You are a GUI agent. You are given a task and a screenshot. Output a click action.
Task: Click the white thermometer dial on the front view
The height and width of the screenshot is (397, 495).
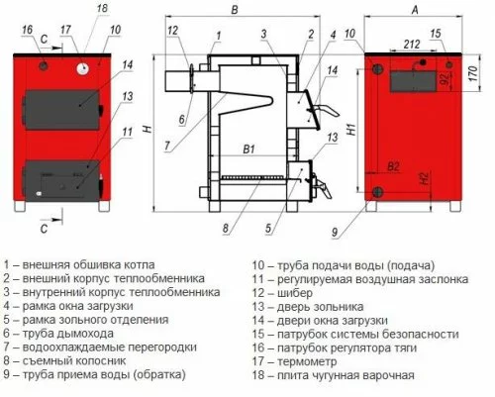coord(83,68)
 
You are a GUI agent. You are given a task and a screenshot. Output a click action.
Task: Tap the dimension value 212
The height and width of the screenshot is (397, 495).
coord(412,45)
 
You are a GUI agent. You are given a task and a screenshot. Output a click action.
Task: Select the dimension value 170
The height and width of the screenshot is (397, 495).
coord(472,74)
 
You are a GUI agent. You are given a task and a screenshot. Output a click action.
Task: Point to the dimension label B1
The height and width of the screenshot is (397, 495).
coord(249,149)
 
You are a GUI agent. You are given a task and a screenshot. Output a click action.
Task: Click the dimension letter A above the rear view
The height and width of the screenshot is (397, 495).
coord(415,10)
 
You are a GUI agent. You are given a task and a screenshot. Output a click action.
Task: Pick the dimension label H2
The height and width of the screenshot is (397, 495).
coord(425,178)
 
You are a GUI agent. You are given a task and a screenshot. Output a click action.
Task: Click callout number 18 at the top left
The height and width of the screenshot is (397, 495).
coord(102,8)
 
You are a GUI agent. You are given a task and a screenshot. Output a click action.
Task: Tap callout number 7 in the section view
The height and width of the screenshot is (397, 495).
coord(167,146)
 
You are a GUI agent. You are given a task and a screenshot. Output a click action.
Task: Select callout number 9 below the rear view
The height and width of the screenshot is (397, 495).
coord(335,233)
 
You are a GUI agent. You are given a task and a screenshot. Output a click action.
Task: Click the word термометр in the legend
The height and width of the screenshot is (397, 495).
coord(307,361)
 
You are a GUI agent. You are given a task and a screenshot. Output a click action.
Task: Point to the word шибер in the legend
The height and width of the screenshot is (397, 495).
coord(295,293)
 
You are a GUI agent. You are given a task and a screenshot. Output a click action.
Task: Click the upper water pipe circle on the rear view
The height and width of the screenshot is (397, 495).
coord(377,69)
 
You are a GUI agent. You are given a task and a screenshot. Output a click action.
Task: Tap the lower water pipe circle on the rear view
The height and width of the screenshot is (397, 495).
coord(377,192)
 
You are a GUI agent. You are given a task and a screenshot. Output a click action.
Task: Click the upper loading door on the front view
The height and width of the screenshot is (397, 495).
coord(62,110)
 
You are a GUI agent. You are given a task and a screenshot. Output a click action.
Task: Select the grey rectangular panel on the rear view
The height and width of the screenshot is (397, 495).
coord(414,81)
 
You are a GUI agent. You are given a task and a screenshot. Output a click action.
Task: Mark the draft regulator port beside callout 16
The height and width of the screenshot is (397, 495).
coord(44,65)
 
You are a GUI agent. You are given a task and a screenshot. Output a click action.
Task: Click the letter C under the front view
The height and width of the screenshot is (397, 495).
coord(44,229)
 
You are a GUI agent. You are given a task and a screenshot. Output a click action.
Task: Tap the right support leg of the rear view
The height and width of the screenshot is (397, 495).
coord(455,206)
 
